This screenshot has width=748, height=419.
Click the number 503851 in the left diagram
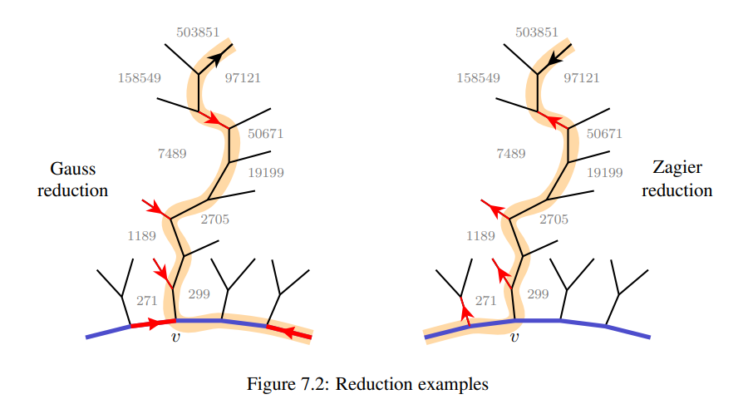pyautogui.click(x=198, y=32)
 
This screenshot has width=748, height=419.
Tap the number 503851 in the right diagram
pyautogui.click(x=537, y=32)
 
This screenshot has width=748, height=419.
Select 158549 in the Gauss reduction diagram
pyautogui.click(x=140, y=78)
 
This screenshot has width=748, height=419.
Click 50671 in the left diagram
pyautogui.click(x=266, y=133)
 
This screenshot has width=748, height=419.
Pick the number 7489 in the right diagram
pyautogui.click(x=510, y=154)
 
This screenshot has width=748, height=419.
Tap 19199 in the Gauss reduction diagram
pyautogui.click(x=266, y=173)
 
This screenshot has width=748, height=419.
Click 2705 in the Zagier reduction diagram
pyautogui.click(x=554, y=219)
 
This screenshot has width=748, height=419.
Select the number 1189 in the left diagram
pyautogui.click(x=142, y=236)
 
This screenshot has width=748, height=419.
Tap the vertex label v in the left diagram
pyautogui.click(x=175, y=338)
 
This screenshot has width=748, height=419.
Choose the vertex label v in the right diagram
pyautogui.click(x=514, y=338)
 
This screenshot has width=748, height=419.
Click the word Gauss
pyautogui.click(x=73, y=169)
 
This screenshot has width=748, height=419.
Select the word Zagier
pyautogui.click(x=677, y=168)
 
